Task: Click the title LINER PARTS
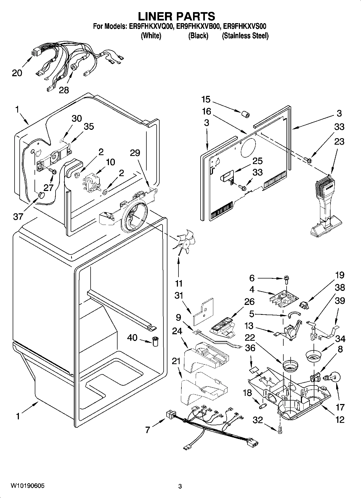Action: tap(177, 16)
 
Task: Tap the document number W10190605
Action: tap(27, 486)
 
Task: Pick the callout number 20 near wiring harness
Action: tap(17, 73)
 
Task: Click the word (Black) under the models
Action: tap(198, 36)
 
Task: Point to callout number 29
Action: tap(135, 153)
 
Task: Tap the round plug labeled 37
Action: tap(41, 195)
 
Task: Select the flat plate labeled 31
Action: tap(203, 311)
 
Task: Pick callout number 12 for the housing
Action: tap(340, 419)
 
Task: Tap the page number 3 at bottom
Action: tap(180, 486)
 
